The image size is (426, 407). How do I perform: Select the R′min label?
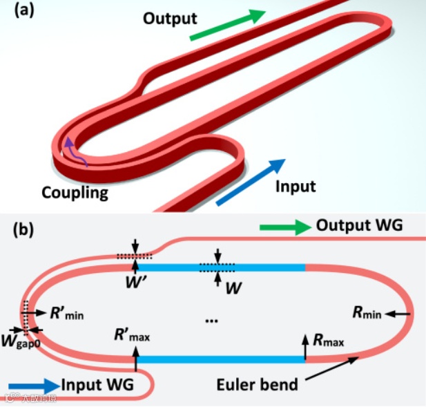pos(67,312)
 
